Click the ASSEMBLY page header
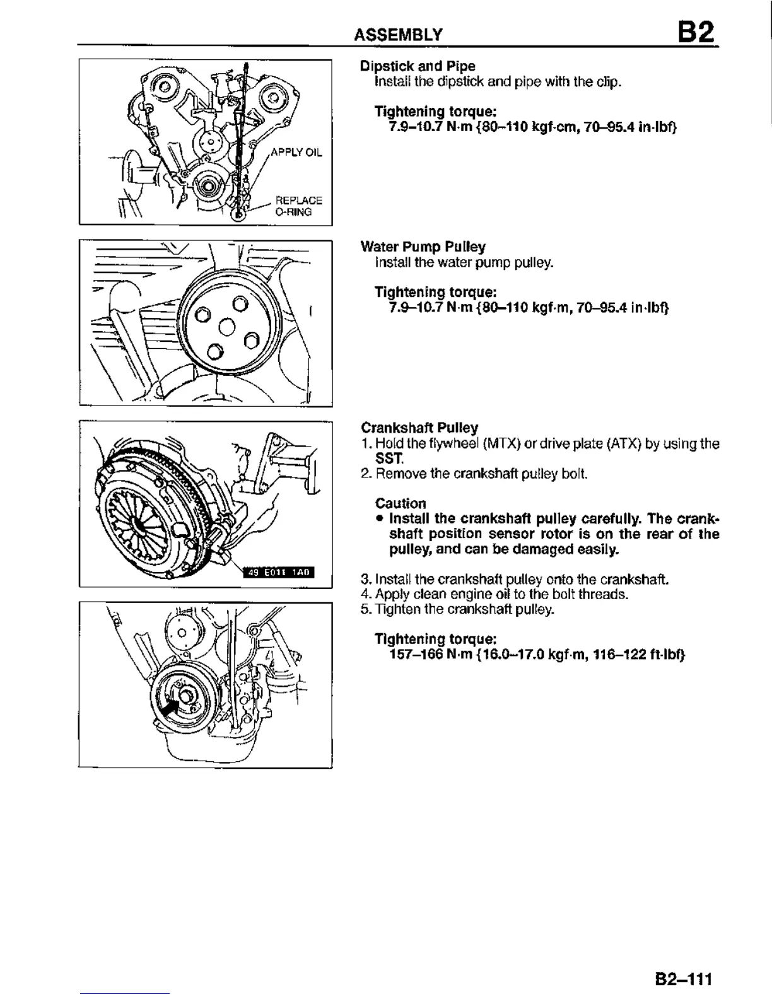398,34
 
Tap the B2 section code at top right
696,31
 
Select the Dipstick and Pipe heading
418,66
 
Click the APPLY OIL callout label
296,153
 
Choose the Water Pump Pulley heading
423,247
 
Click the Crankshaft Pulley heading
419,428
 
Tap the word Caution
401,503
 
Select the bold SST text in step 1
385,457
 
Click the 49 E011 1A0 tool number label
279,572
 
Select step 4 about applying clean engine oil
494,594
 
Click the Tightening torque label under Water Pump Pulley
436,292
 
